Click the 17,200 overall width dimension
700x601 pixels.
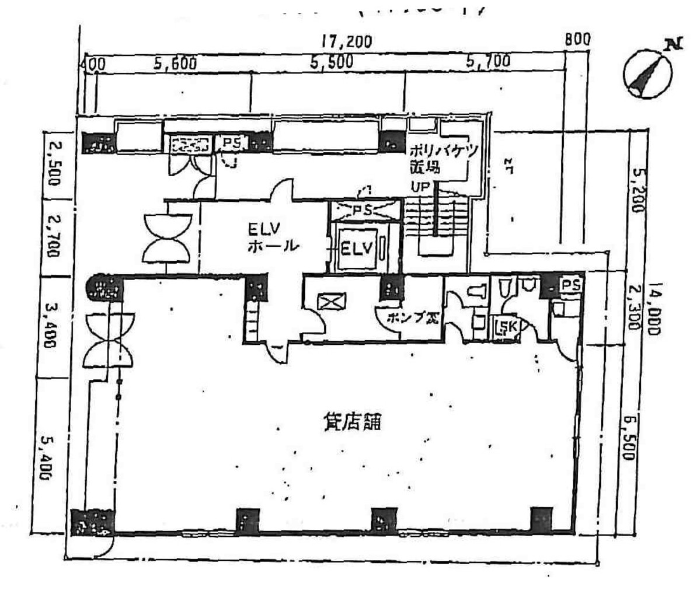(x=347, y=42)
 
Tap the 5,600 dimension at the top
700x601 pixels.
(x=175, y=63)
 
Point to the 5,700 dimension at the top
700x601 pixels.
(x=488, y=61)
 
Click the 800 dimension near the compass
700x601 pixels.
(x=577, y=40)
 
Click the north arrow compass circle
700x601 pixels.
(x=647, y=75)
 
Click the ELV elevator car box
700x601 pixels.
(x=356, y=249)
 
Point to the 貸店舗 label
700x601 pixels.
(x=352, y=421)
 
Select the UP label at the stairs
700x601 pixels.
(x=421, y=187)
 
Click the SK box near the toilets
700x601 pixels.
(x=506, y=327)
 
